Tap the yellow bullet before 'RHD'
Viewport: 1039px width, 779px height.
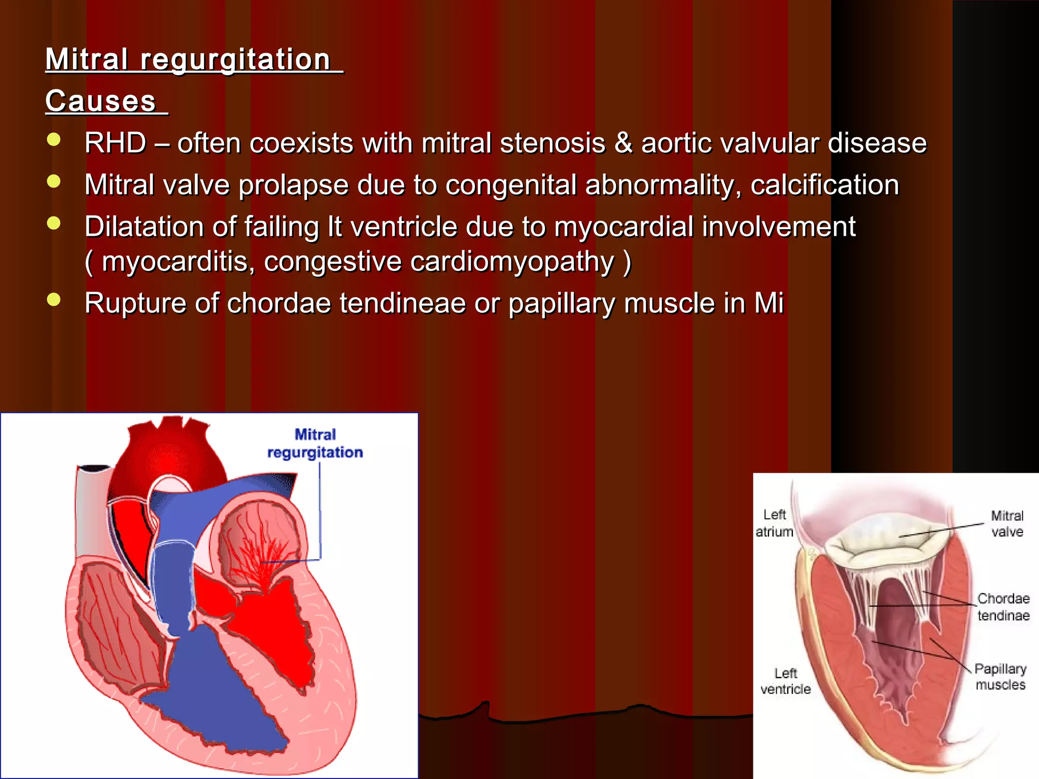pyautogui.click(x=53, y=140)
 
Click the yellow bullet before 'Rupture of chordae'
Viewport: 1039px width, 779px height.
pyautogui.click(x=53, y=300)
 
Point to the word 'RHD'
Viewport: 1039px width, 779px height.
pyautogui.click(x=116, y=143)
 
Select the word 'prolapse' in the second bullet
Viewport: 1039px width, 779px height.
pyautogui.click(x=293, y=185)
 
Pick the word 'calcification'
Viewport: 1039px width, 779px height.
pyautogui.click(x=824, y=185)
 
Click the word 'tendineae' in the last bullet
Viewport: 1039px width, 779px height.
pyautogui.click(x=402, y=303)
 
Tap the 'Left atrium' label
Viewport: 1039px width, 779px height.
pyautogui.click(x=774, y=523)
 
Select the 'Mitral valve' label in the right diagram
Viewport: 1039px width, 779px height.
pyautogui.click(x=1007, y=524)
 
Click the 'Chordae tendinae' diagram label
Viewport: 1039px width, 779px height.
pyautogui.click(x=1003, y=607)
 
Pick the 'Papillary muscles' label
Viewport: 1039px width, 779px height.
pyautogui.click(x=1000, y=677)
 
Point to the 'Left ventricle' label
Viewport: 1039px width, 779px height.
pyautogui.click(x=785, y=681)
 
